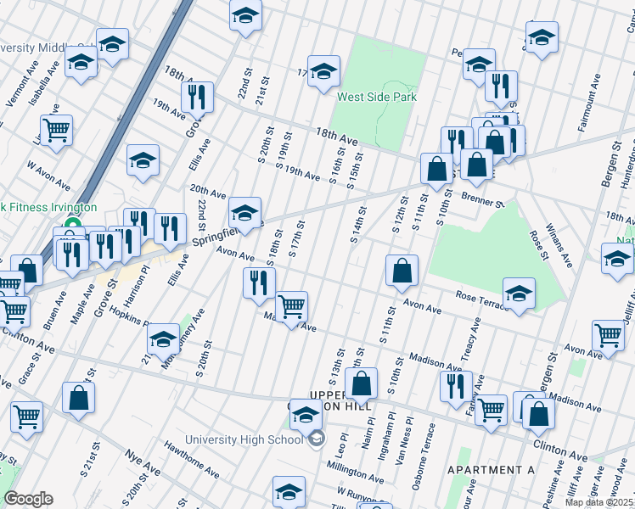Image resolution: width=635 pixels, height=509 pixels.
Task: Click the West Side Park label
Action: (377, 97)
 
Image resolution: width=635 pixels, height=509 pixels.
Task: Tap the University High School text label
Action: (244, 439)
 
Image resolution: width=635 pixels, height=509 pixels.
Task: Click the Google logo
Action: (28, 499)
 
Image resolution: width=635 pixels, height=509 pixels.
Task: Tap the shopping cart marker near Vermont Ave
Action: (57, 131)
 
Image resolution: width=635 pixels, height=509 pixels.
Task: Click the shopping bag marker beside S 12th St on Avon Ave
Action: (402, 271)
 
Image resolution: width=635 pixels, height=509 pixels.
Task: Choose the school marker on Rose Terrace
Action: (519, 294)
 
